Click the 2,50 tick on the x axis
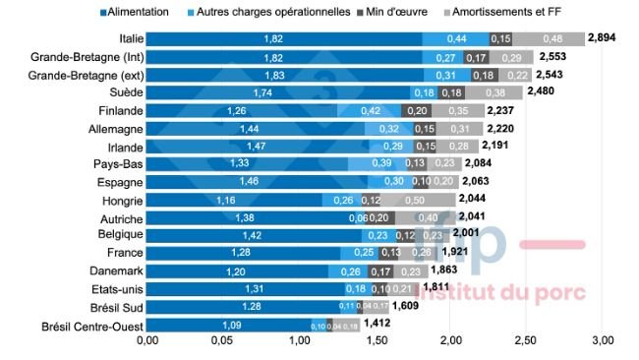[527, 340]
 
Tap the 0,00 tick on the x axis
[147, 340]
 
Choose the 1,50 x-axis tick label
[376, 340]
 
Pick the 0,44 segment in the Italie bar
[456, 38]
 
